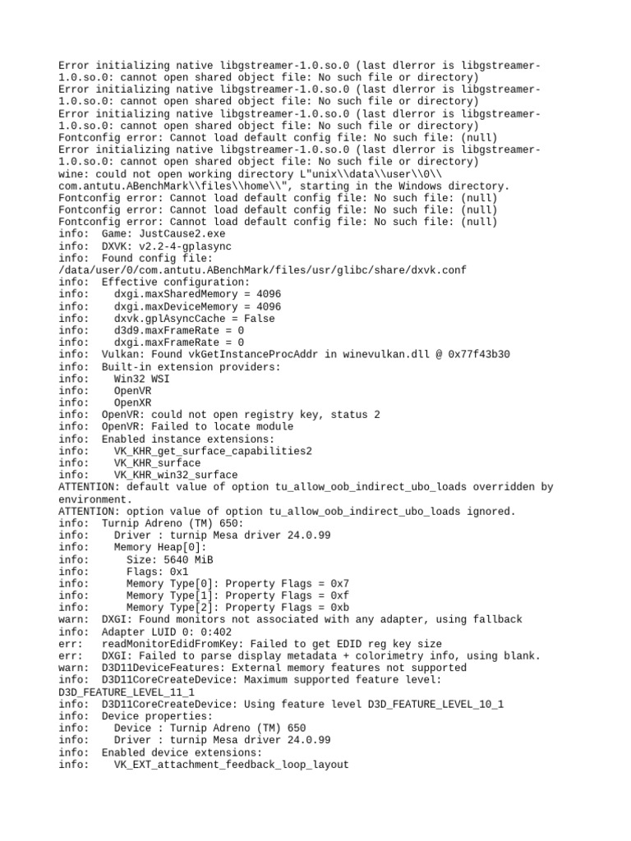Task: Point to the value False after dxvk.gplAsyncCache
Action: coord(259,319)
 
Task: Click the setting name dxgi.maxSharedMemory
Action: coord(175,294)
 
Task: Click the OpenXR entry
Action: coord(132,402)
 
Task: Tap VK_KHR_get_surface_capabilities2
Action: coord(213,451)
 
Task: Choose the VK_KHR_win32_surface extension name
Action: coord(176,475)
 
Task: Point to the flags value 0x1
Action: coord(178,571)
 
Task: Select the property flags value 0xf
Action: coord(338,595)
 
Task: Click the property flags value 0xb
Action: coord(338,607)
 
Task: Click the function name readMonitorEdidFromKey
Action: coord(169,644)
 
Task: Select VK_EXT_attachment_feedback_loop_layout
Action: coord(231,765)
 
